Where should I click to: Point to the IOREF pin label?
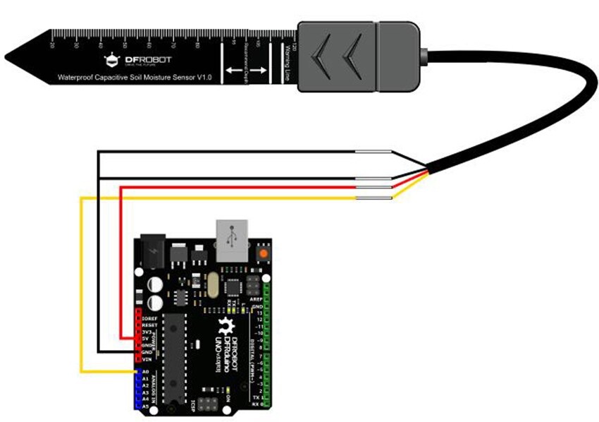pos(149,319)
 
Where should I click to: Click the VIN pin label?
pos(147,359)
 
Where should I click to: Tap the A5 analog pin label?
pos(145,406)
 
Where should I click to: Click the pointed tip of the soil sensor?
pos(10,56)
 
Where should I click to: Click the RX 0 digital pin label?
pos(257,405)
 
